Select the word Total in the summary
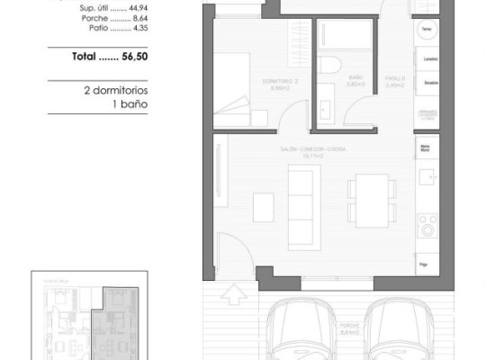pyautogui.click(x=87, y=57)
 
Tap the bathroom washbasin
pyautogui.click(x=325, y=112)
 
